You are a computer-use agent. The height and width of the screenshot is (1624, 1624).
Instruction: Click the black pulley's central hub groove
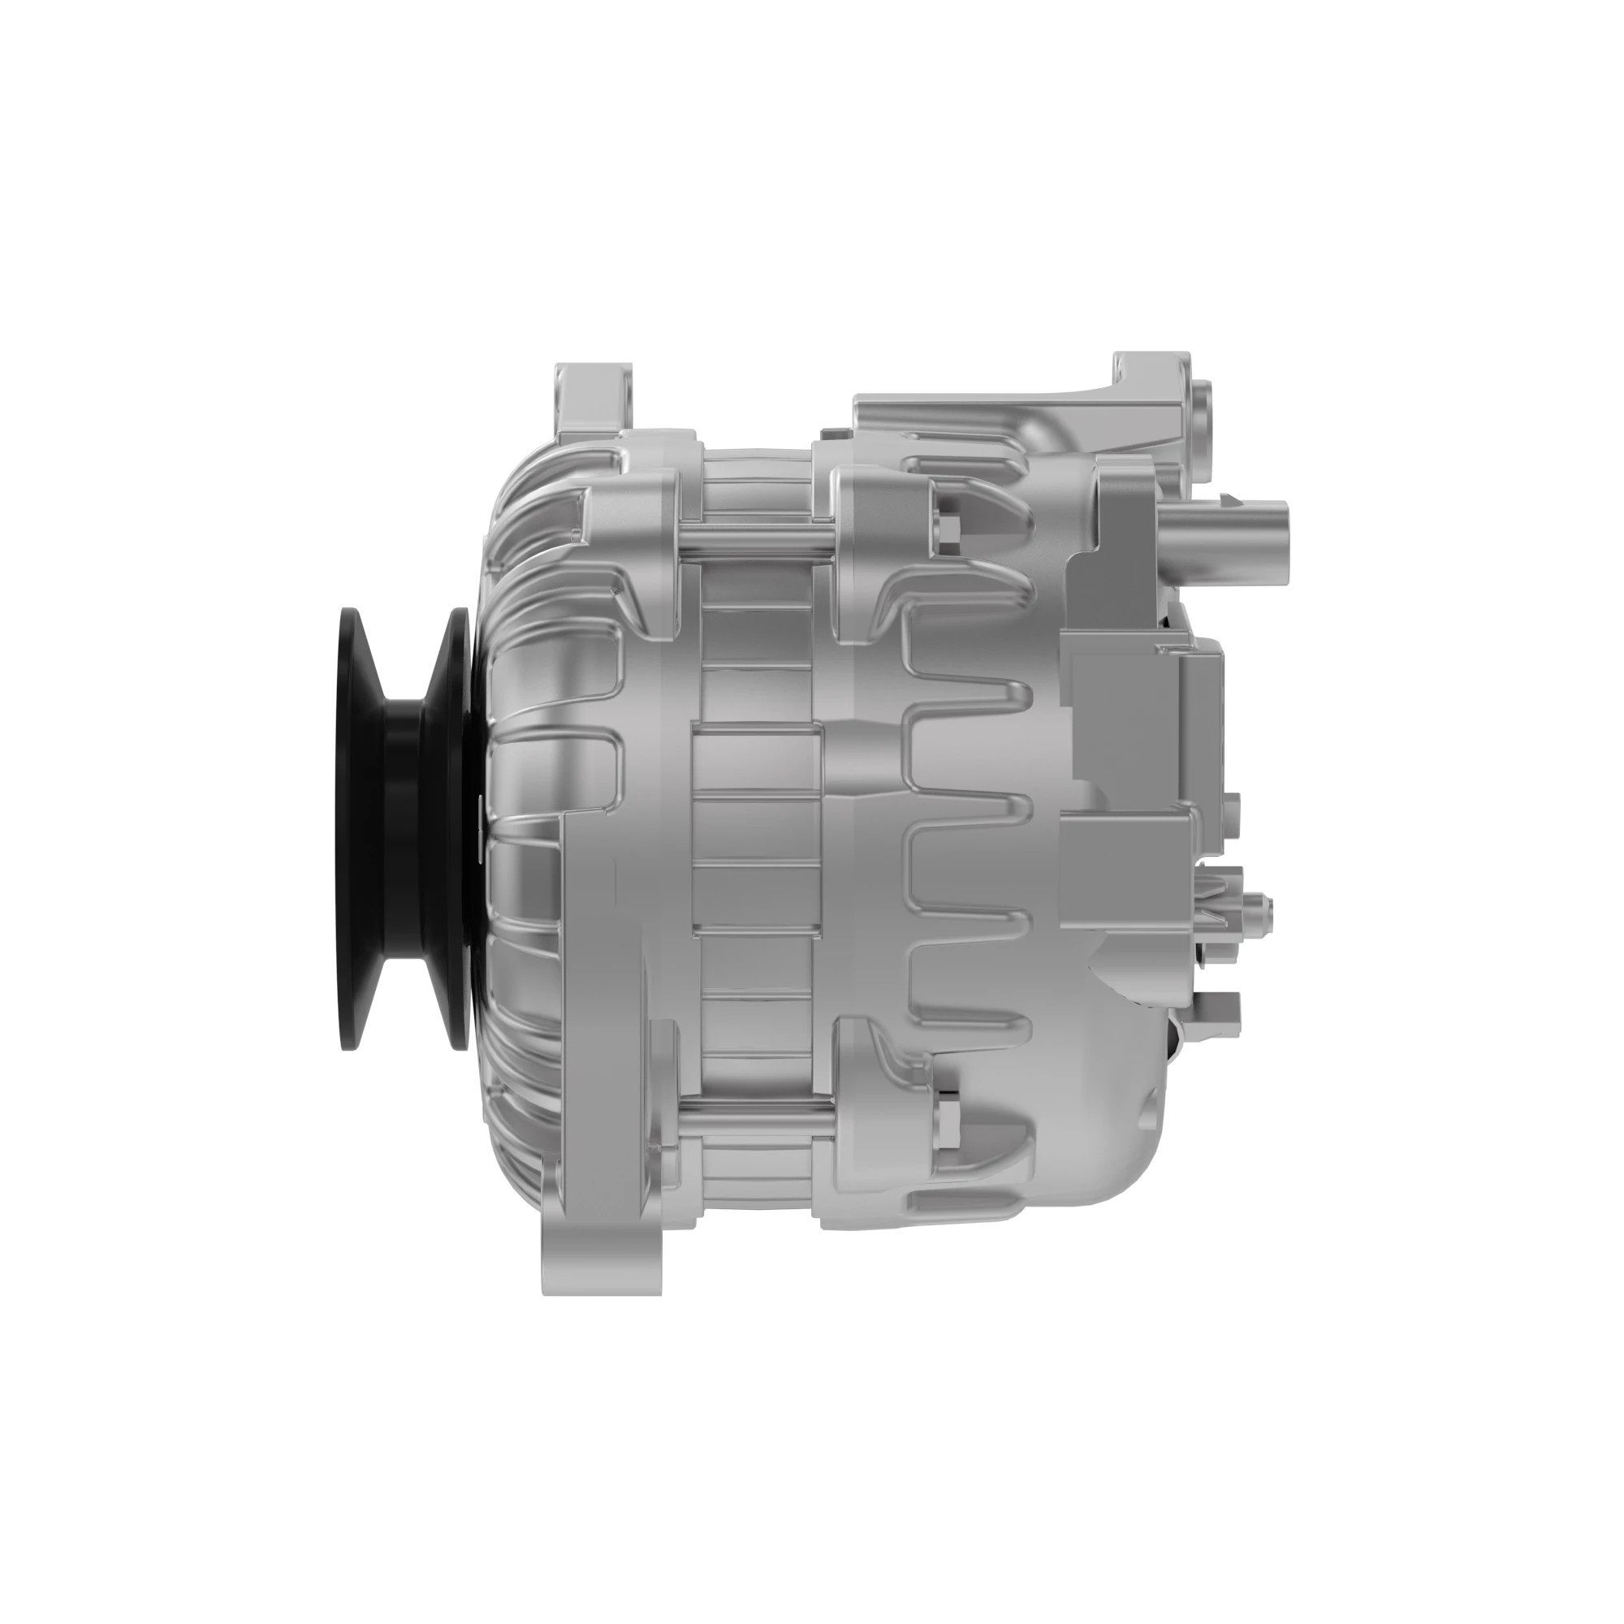(x=402, y=828)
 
